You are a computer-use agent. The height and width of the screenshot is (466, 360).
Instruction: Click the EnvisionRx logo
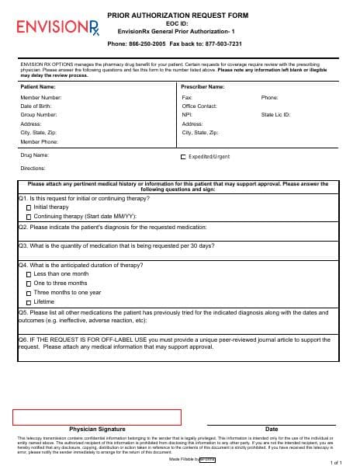53,28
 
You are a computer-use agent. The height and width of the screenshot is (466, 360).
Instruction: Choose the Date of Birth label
36,106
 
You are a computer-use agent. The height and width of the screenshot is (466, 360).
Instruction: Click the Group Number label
39,114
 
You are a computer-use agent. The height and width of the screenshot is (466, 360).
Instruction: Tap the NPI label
186,114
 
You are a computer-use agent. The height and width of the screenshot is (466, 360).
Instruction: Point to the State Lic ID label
275,114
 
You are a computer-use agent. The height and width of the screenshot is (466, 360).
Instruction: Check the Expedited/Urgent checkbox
183,157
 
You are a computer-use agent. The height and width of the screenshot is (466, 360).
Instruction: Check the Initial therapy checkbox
29,207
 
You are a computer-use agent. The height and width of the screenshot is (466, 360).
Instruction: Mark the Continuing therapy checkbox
29,217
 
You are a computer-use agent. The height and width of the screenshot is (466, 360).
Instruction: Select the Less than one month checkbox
29,274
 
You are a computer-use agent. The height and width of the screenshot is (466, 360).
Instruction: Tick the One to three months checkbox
29,283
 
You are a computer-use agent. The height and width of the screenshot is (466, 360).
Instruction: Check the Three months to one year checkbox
29,293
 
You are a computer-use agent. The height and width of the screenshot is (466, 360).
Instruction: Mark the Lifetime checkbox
29,302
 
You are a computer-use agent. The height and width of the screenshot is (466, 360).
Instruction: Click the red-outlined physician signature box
96,416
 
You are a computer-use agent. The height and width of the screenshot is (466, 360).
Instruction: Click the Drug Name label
34,155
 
